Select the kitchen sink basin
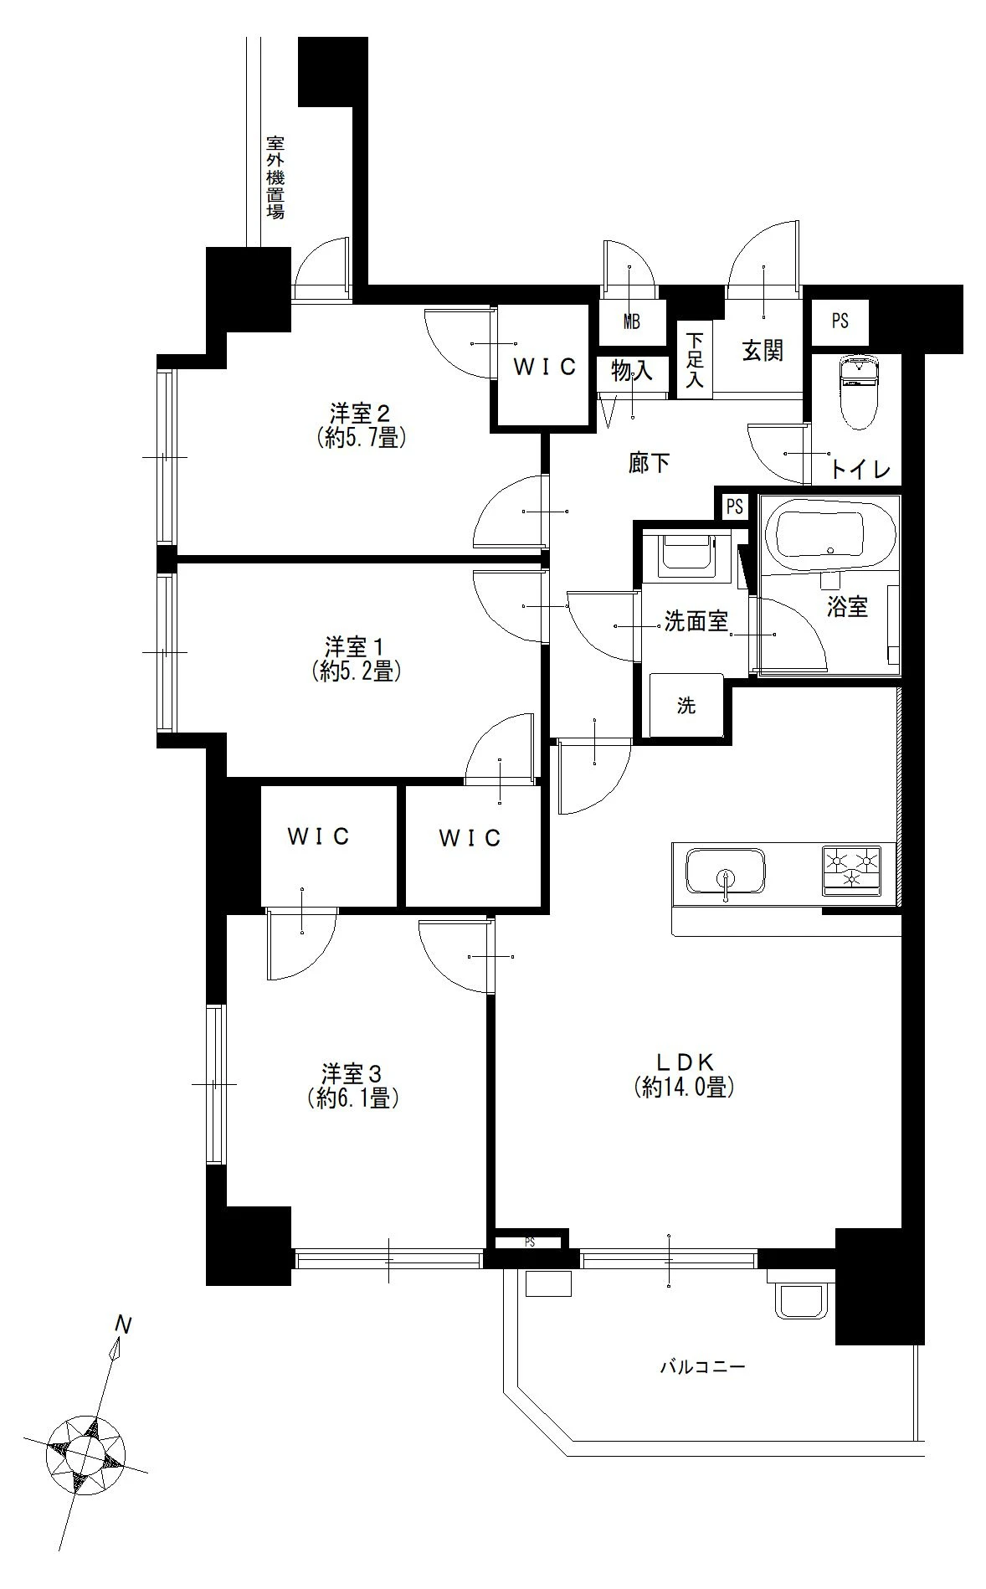(725, 870)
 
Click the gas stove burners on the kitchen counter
(851, 868)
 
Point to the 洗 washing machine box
(686, 706)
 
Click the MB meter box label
(632, 321)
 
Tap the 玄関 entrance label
(763, 351)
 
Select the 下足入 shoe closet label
(695, 361)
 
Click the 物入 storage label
(631, 372)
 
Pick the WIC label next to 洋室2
(545, 367)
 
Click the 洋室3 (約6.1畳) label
(352, 1086)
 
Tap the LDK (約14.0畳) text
(684, 1075)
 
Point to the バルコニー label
(702, 1368)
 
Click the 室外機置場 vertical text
(275, 177)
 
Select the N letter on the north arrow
(124, 1326)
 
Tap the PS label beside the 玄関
(840, 321)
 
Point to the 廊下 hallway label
(649, 463)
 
